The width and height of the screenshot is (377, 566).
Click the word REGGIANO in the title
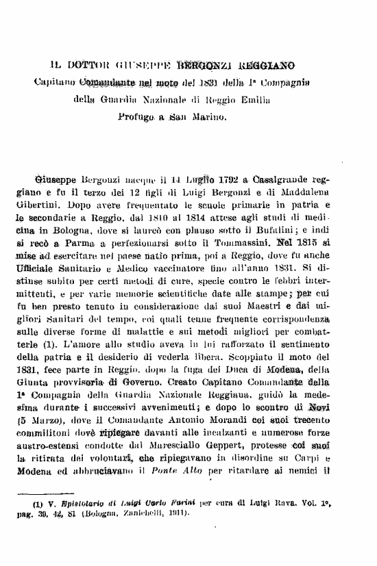(x=268, y=66)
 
